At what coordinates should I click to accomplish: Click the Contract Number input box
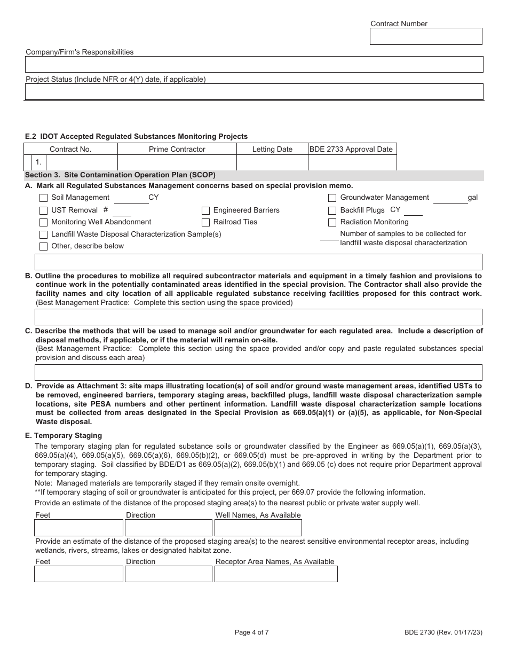tap(426, 36)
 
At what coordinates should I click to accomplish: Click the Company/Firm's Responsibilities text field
tap(254, 64)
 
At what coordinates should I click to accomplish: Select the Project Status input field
tap(254, 91)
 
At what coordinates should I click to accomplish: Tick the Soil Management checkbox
tap(43, 198)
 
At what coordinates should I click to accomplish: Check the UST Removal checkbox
tap(43, 210)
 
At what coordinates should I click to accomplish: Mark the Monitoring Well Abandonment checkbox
tap(43, 222)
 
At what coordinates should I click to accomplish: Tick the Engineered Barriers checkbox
tap(205, 210)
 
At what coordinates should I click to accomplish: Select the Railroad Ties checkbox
tap(205, 222)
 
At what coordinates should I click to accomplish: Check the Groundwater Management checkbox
tap(332, 198)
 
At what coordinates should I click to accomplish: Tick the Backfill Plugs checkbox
tap(332, 210)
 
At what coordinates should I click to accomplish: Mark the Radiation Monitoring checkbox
tap(332, 222)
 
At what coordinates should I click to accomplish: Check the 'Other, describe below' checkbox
tap(43, 246)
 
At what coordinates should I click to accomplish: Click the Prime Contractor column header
tap(177, 150)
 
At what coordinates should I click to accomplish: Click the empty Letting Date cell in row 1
tap(272, 162)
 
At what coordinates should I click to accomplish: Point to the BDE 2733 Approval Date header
tap(352, 150)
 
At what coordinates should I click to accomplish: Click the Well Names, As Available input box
tap(258, 528)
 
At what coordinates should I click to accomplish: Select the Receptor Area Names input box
tap(276, 574)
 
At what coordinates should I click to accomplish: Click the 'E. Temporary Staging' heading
tap(64, 435)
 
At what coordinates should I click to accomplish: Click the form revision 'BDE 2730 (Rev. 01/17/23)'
tap(443, 633)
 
